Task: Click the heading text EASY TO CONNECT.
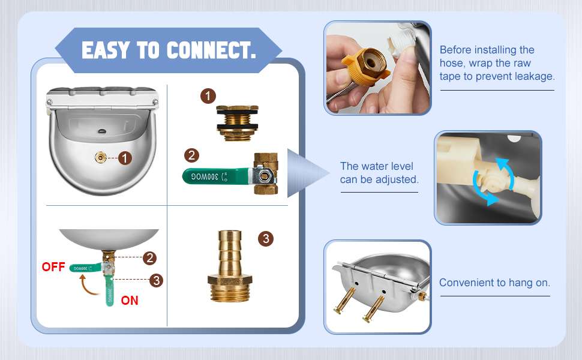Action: coord(169,50)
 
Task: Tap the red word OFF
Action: coord(53,267)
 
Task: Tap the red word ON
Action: coord(130,300)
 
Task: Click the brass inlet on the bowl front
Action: coord(100,158)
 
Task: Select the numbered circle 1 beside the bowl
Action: coord(125,158)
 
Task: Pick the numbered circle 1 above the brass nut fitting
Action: coord(208,96)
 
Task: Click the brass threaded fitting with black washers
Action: coord(237,123)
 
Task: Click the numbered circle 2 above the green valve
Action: coord(191,155)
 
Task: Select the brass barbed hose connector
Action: coord(230,266)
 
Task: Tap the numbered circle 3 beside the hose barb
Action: coord(266,239)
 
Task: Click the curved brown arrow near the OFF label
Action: coord(88,284)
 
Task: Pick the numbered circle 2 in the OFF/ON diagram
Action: coord(149,258)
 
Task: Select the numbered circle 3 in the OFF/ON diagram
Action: coord(156,280)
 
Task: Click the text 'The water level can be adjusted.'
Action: coord(379,173)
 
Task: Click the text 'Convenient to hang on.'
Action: coord(494,283)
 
